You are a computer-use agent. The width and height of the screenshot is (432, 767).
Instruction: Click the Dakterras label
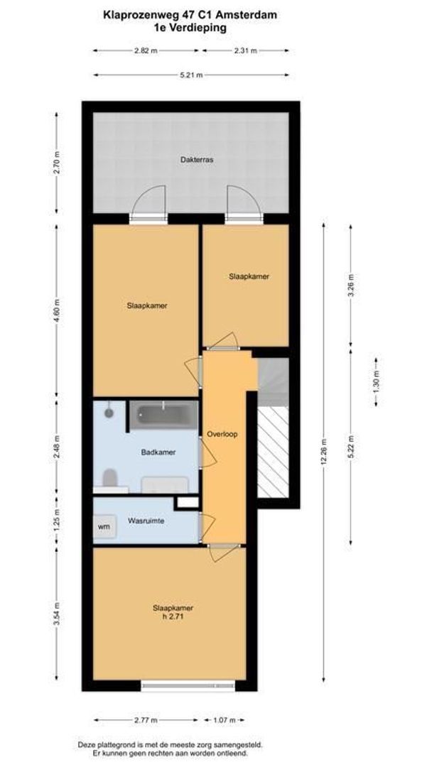click(x=196, y=160)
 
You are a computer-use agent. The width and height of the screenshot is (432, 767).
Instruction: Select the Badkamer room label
click(x=158, y=452)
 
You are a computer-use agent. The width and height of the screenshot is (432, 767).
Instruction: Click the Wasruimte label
click(x=146, y=521)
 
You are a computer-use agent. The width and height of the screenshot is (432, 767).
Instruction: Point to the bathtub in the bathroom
click(x=163, y=415)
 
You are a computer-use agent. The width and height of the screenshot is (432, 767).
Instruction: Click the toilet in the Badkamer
click(x=111, y=477)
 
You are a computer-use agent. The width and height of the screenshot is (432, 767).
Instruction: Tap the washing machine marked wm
click(x=104, y=527)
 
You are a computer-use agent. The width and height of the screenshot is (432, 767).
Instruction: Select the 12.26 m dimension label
click(x=324, y=452)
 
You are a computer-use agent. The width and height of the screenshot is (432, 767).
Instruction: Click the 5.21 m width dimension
click(x=192, y=74)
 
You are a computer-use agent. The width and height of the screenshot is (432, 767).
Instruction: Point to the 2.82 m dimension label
click(x=146, y=51)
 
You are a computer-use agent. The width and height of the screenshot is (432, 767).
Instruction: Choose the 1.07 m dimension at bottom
click(x=225, y=720)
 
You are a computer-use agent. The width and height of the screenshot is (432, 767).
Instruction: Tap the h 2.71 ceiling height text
click(x=173, y=616)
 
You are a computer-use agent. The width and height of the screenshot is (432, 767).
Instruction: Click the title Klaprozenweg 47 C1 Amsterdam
click(x=190, y=13)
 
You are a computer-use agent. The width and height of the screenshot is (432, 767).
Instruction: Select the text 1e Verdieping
click(x=190, y=28)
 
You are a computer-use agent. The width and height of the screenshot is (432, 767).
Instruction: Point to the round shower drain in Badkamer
click(x=109, y=411)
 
